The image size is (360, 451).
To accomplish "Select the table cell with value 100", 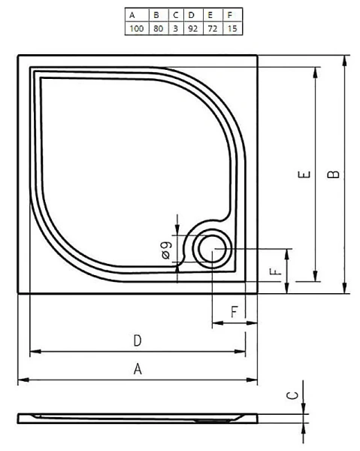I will pos(136,28).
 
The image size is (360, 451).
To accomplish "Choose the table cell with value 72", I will pos(212,28).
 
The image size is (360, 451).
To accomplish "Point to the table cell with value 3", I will pos(176,28).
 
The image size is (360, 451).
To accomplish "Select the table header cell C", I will pos(176,14).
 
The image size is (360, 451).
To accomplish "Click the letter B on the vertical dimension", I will pos(334,174).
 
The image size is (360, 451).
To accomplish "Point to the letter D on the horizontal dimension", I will pos(138,341).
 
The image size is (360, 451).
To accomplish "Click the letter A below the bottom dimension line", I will pos(138,368).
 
